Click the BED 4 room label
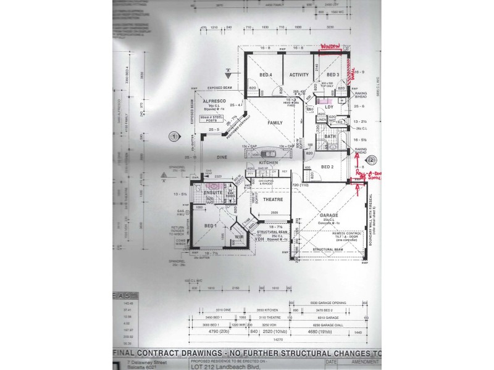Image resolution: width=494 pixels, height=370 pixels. pyautogui.click(x=266, y=75)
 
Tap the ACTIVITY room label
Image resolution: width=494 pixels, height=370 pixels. pyautogui.click(x=299, y=75)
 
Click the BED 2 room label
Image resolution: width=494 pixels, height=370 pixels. pyautogui.click(x=327, y=167)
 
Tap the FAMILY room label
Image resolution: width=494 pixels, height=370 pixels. pyautogui.click(x=274, y=123)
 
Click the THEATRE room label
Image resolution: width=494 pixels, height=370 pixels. pyautogui.click(x=272, y=199)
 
